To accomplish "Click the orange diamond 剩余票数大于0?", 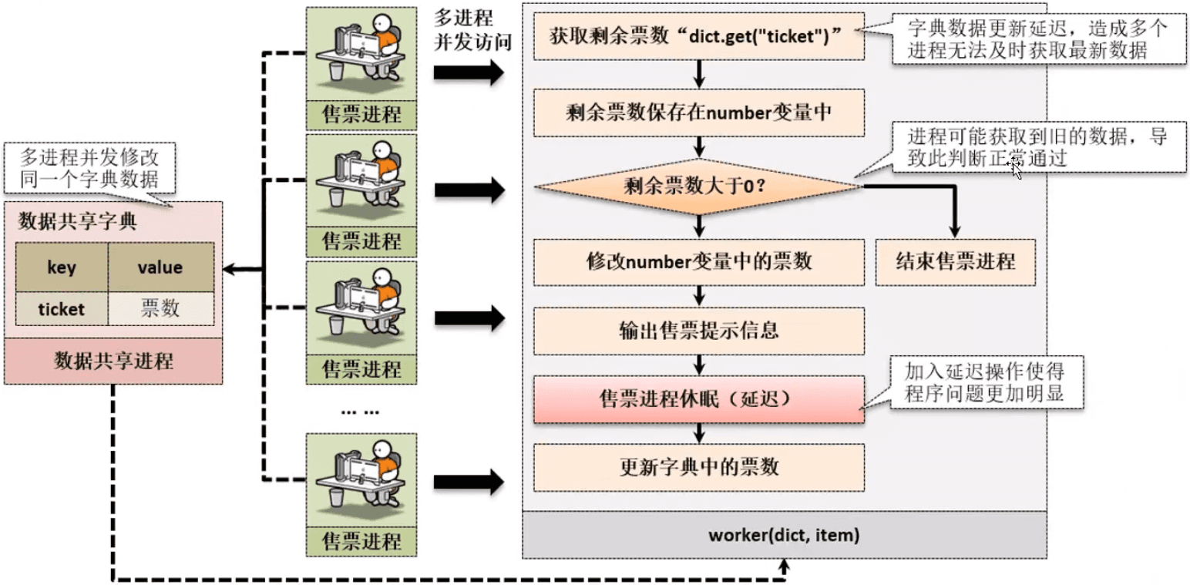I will pos(698,186).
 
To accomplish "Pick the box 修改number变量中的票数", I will pos(698,261).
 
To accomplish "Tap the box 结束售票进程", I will pos(956,261).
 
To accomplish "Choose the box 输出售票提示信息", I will pos(698,330).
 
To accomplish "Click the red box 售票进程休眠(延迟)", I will pos(698,399).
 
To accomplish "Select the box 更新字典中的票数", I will pos(698,466).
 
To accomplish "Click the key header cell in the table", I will pos(62,267).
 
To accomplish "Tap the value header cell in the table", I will pos(160,267).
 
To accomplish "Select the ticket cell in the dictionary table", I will pos(62,309).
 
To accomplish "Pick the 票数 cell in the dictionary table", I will pos(160,309).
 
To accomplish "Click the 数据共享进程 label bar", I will pos(113,361).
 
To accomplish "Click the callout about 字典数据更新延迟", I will pos(1038,39).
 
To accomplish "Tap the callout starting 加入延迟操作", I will pos(983,382).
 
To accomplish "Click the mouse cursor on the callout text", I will pos(1017,168).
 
